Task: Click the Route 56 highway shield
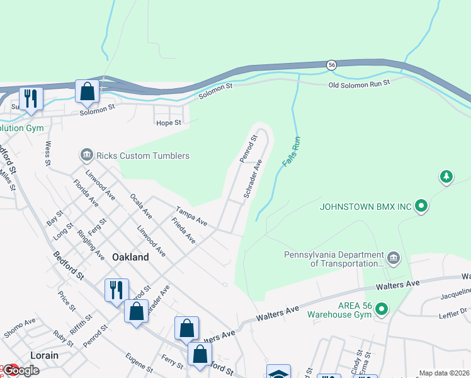tap(331, 65)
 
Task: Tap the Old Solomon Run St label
tap(359, 83)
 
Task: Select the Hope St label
tap(169, 122)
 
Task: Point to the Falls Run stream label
tap(292, 151)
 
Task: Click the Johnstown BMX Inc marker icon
tap(423, 206)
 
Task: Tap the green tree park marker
tap(446, 176)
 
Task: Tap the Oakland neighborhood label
tap(130, 257)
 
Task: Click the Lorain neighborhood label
tap(43, 355)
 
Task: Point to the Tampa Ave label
tap(191, 217)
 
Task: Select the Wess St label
tap(48, 153)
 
